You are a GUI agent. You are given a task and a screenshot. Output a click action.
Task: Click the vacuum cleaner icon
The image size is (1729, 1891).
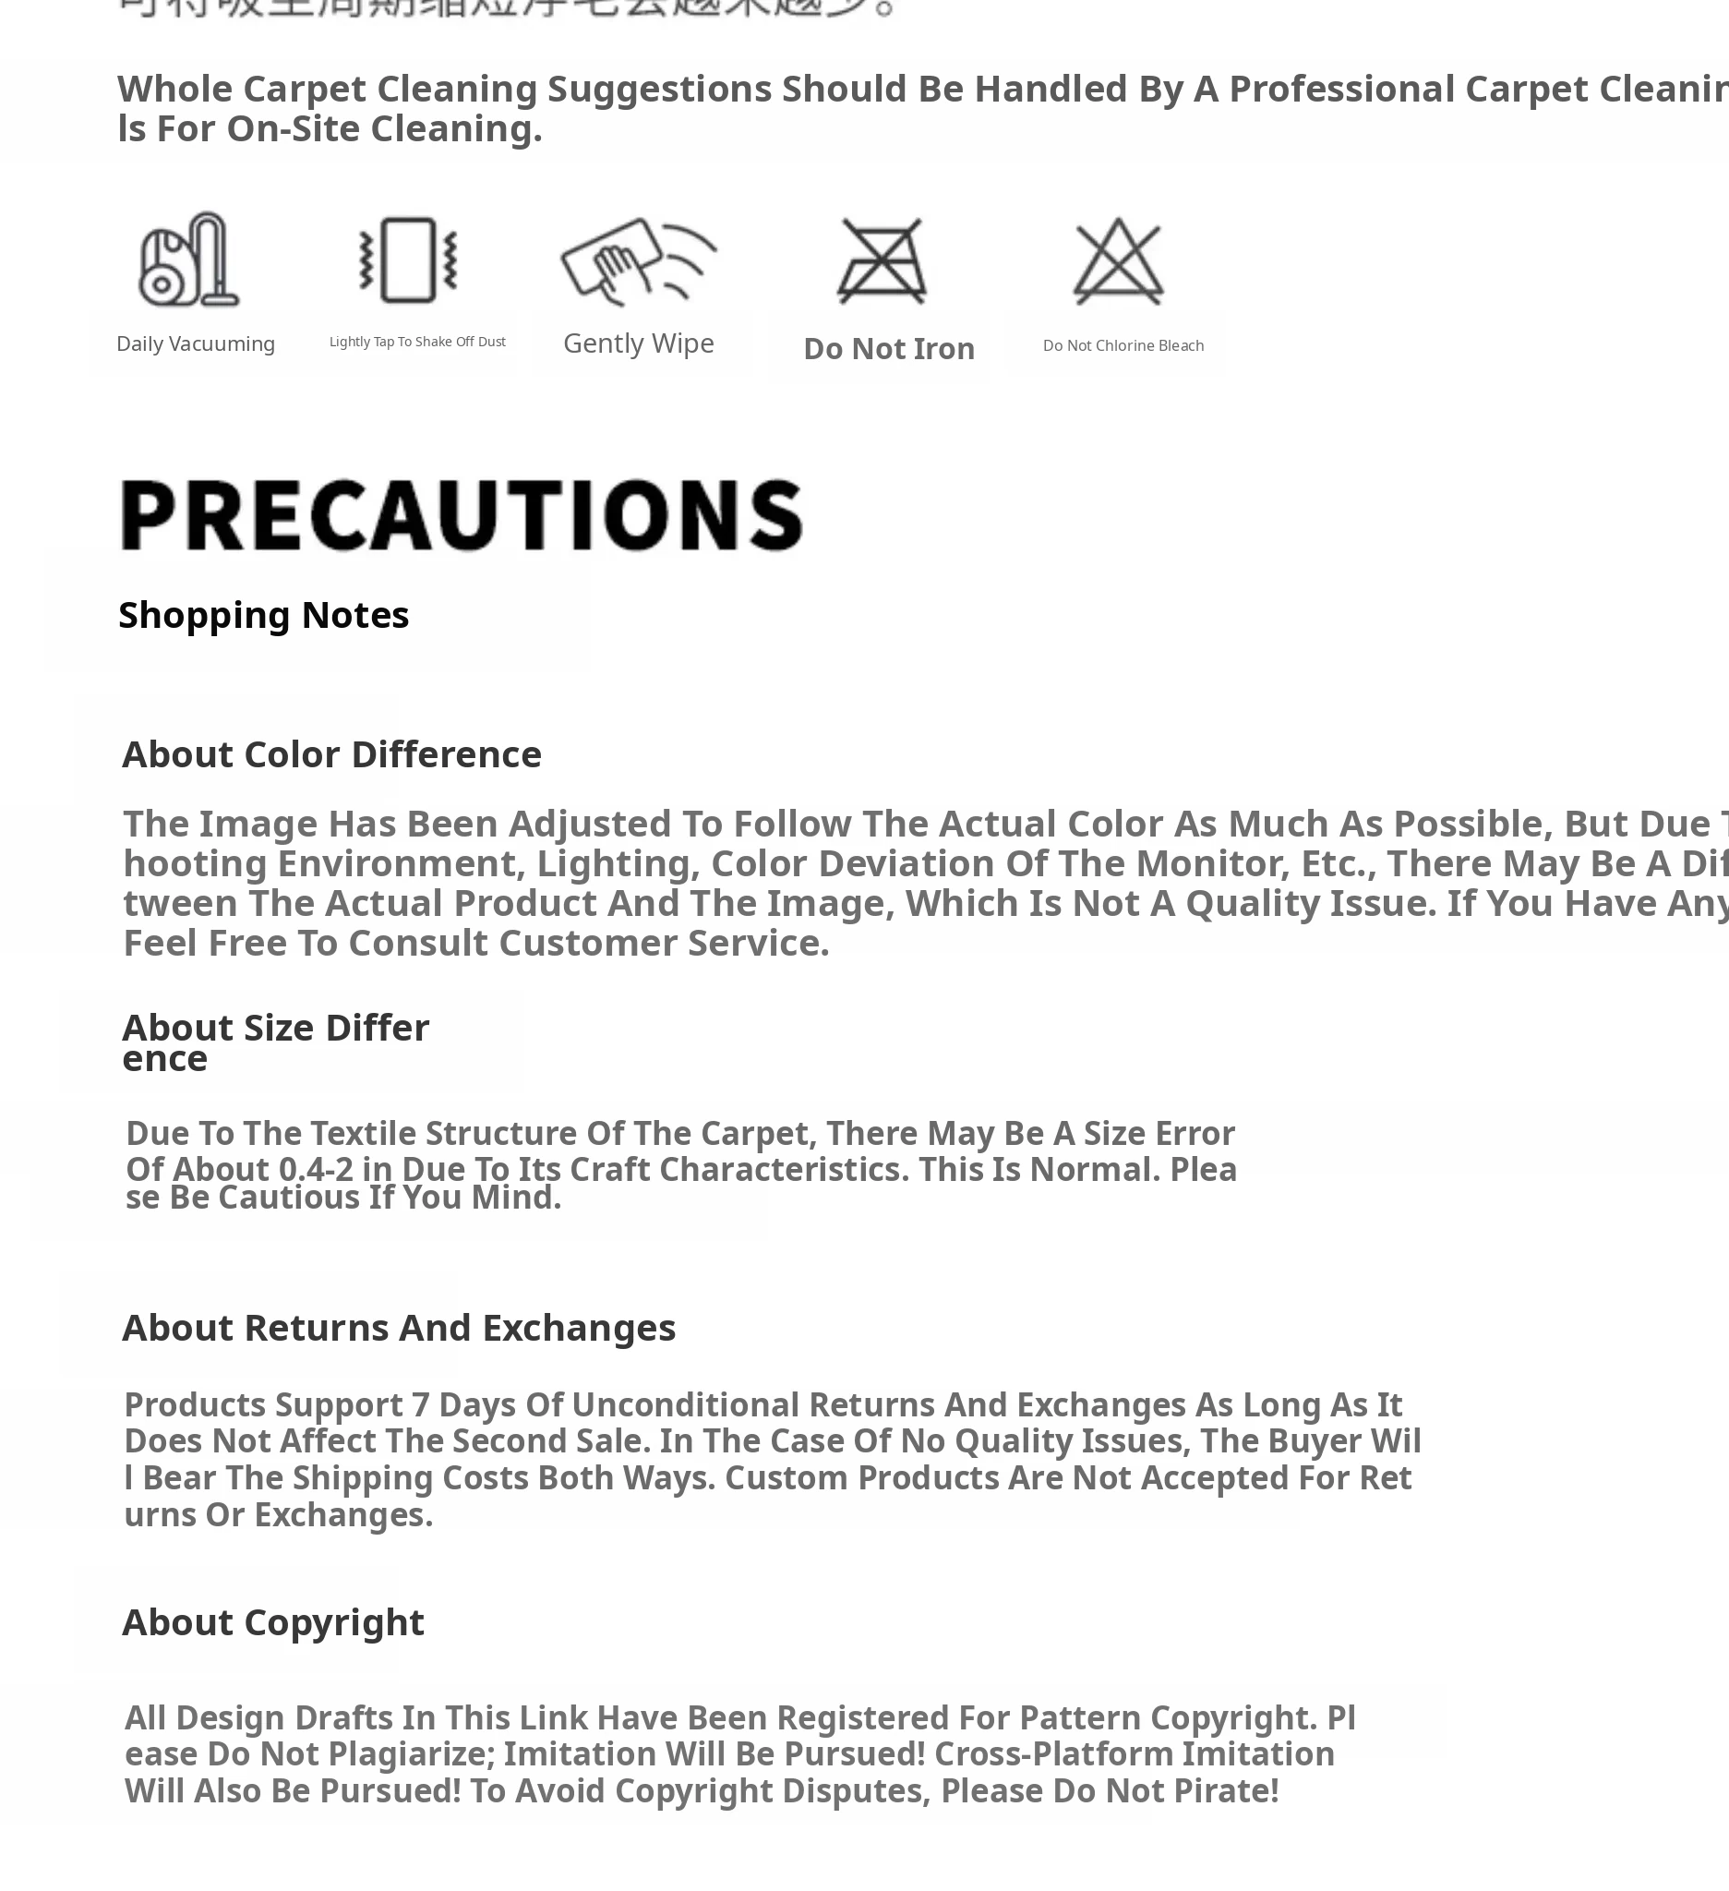[x=188, y=259]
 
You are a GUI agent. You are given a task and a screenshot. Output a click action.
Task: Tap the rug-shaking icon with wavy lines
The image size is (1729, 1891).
[x=409, y=259]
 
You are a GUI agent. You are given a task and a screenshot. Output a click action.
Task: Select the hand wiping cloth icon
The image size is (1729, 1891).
[x=638, y=260]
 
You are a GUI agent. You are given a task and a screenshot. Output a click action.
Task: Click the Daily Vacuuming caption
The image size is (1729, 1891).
[x=195, y=344]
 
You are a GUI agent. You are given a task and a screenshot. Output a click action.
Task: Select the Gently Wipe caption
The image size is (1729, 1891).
[x=639, y=343]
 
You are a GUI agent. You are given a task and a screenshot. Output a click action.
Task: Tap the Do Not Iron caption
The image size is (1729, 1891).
[x=889, y=349]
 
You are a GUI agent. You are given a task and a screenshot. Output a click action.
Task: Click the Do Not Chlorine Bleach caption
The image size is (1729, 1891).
[x=1123, y=345]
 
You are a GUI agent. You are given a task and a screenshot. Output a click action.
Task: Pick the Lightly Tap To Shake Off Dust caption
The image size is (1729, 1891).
[x=417, y=342]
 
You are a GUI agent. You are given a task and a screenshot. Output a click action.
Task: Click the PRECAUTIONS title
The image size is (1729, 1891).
[x=462, y=515]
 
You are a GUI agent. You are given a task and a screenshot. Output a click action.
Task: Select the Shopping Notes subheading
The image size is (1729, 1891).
[x=263, y=615]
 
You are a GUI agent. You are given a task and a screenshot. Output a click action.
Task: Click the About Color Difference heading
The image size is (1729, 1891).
[x=332, y=754]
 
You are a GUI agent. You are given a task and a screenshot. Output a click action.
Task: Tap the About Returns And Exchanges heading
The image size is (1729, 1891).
[x=399, y=1327]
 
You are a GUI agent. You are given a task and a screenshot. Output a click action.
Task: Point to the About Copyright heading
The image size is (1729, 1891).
[x=273, y=1621]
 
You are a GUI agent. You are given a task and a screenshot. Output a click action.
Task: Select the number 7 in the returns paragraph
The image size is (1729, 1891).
[x=420, y=1404]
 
